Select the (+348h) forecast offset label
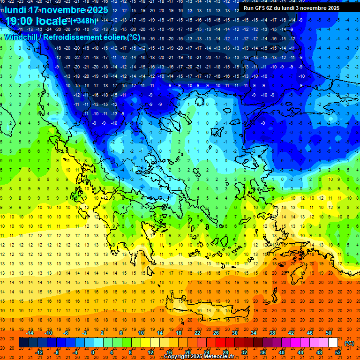(84, 20)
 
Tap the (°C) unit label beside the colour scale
(349, 343)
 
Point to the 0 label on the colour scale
(93, 352)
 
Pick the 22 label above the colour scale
(197, 333)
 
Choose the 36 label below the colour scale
(263, 352)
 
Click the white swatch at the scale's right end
(333, 343)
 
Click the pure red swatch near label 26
(221, 343)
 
